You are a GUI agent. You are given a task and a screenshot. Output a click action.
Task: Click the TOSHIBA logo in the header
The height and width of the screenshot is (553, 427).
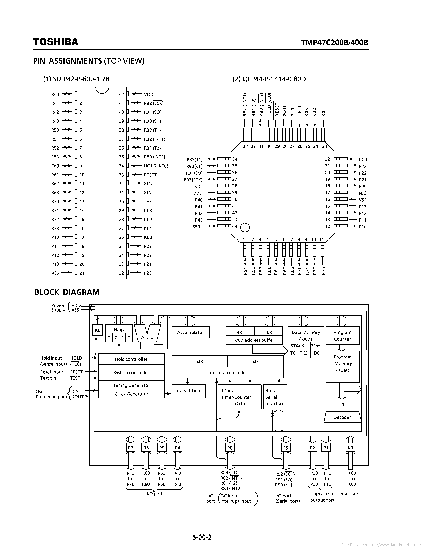click(x=56, y=42)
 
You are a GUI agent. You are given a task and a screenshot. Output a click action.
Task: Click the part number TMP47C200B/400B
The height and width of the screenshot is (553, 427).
click(x=334, y=42)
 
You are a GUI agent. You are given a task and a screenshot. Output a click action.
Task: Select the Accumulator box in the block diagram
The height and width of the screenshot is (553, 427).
click(x=190, y=332)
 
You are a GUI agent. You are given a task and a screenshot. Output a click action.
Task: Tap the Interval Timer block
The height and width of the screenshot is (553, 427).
click(x=188, y=391)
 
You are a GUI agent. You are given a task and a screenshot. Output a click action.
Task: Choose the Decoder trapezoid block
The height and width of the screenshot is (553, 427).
click(x=342, y=417)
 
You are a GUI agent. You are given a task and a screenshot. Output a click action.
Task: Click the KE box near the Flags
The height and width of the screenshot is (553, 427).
click(x=97, y=330)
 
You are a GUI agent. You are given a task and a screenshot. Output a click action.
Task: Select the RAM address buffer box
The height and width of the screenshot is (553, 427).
click(x=254, y=340)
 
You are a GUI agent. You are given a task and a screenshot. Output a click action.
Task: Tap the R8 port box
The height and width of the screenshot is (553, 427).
click(x=230, y=448)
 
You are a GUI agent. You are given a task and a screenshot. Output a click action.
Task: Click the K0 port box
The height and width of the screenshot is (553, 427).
click(x=350, y=448)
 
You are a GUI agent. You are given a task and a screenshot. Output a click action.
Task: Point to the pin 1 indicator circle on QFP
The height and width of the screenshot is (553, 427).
click(x=245, y=227)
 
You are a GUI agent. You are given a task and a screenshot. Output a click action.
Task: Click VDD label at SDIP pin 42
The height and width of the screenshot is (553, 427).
click(x=149, y=95)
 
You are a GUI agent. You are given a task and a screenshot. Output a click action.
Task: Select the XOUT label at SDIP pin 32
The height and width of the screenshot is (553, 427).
click(x=150, y=184)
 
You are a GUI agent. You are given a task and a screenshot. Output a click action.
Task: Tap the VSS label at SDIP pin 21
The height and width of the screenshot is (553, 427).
click(x=55, y=273)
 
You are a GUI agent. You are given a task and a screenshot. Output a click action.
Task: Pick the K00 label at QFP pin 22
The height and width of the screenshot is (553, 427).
click(x=363, y=159)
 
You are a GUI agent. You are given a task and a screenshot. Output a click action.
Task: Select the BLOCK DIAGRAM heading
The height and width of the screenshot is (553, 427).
click(x=67, y=292)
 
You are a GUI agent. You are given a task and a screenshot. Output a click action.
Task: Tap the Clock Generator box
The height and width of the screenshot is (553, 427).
click(x=131, y=394)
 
